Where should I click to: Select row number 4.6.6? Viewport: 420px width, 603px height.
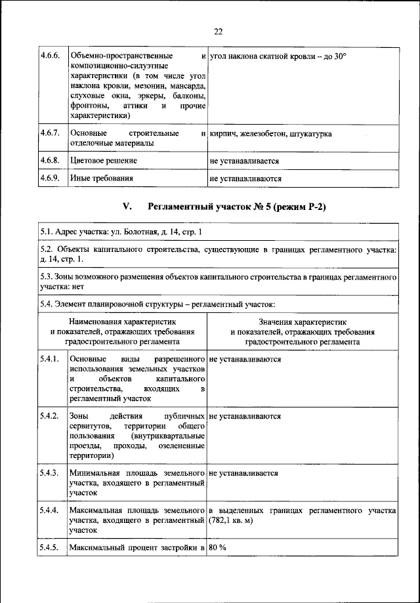point(49,57)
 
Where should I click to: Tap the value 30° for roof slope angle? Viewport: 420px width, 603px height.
point(337,57)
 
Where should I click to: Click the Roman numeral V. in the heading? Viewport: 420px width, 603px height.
point(128,207)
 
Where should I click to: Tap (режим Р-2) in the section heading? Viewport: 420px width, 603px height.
point(299,207)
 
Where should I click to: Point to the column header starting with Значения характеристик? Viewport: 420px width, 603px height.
point(302,332)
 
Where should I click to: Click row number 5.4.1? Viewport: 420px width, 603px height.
point(49,360)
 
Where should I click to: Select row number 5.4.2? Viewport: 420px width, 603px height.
point(49,417)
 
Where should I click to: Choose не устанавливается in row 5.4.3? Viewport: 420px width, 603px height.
point(243,473)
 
